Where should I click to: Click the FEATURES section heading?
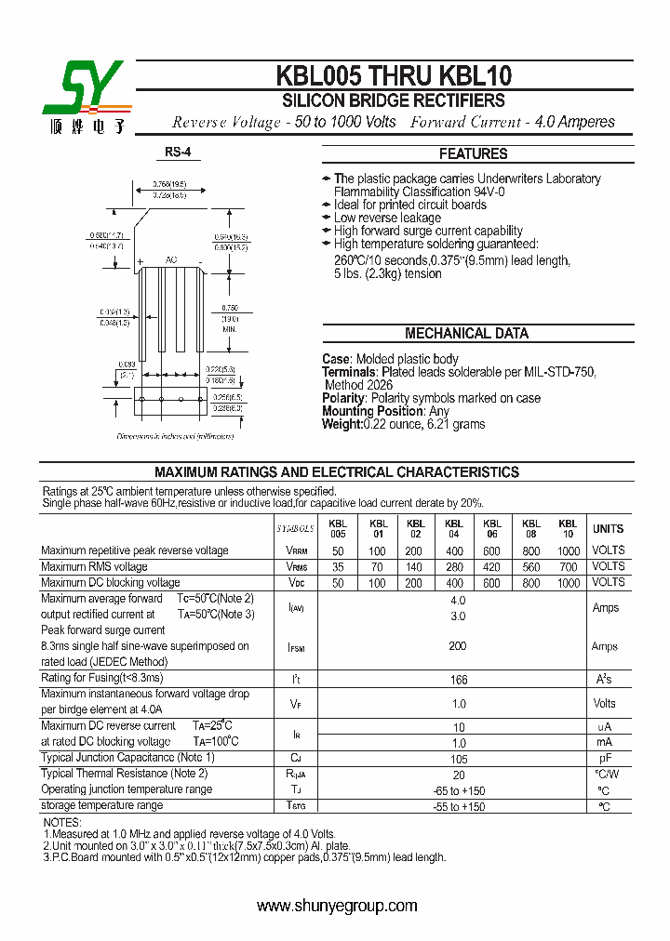tap(473, 154)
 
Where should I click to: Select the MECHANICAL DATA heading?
tap(466, 334)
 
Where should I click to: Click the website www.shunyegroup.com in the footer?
tap(336, 906)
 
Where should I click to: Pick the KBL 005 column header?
tap(338, 529)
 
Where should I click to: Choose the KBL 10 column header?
tap(568, 529)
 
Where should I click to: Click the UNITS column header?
tap(609, 529)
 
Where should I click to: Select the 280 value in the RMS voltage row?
tap(454, 567)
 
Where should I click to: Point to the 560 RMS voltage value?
tap(530, 567)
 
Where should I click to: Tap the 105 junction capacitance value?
tap(457, 760)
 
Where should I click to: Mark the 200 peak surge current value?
tap(457, 646)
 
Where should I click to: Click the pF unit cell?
tap(605, 760)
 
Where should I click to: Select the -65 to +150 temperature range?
tap(457, 790)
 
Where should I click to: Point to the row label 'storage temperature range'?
tap(101, 805)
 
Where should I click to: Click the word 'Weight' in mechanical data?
tap(342, 425)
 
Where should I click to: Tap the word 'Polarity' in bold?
tap(343, 399)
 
